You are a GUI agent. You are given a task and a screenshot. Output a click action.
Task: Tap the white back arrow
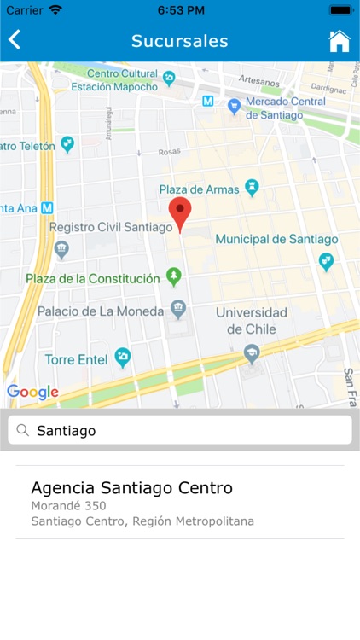tap(15, 40)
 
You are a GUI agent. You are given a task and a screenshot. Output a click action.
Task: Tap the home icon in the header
tap(340, 41)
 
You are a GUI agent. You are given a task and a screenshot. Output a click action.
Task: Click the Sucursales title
tap(179, 41)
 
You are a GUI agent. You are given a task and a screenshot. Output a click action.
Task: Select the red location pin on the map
tap(179, 212)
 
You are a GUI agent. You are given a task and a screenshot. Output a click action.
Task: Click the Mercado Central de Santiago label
tap(285, 108)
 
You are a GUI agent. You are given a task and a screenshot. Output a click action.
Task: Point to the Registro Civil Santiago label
tap(111, 227)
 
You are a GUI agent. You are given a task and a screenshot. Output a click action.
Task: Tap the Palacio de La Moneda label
tap(101, 311)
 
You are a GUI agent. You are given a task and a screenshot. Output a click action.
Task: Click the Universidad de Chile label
tap(251, 320)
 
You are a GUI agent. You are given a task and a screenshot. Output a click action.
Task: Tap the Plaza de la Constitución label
tap(93, 278)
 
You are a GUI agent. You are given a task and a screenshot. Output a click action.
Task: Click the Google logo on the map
tap(32, 393)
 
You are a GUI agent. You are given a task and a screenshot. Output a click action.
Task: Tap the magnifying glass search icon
tap(23, 430)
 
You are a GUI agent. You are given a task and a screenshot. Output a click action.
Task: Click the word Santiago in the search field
tap(67, 431)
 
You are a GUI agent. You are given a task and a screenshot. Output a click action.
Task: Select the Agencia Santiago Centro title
tap(131, 488)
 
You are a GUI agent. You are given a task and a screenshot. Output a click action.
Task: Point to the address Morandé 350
tap(68, 506)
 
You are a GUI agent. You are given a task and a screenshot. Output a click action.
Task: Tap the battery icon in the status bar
tap(340, 10)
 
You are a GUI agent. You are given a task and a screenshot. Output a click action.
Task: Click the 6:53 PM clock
tap(179, 10)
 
